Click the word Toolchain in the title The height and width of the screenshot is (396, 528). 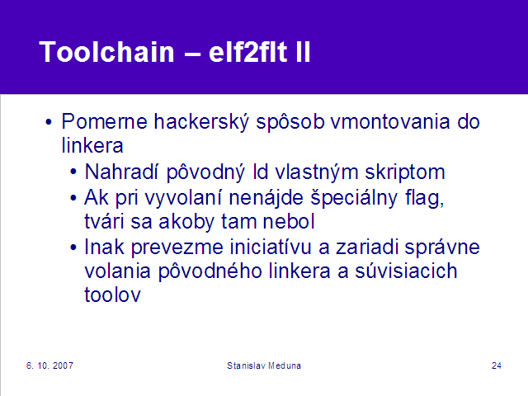pyautogui.click(x=106, y=52)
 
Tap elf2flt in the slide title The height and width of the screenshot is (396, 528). pyautogui.click(x=247, y=52)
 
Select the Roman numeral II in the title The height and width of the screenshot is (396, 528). pyautogui.click(x=303, y=52)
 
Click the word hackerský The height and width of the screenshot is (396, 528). pyautogui.click(x=201, y=122)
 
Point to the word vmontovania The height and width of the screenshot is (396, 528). pyautogui.click(x=390, y=121)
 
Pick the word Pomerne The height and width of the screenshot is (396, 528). pyautogui.click(x=105, y=121)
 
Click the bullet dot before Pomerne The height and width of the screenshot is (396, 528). pyautogui.click(x=49, y=122)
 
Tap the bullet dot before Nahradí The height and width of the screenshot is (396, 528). pyautogui.click(x=73, y=172)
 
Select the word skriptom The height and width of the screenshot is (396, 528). pyautogui.click(x=405, y=172)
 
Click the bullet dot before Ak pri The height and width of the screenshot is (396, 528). pyautogui.click(x=73, y=198)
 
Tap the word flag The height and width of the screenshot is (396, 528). pyautogui.click(x=424, y=198)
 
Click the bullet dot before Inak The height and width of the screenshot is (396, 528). pyautogui.click(x=73, y=247)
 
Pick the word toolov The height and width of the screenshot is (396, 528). pyautogui.click(x=112, y=295)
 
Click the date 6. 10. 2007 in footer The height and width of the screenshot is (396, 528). pyautogui.click(x=49, y=365)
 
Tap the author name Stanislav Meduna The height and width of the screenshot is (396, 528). pyautogui.click(x=264, y=365)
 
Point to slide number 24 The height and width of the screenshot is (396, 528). pyautogui.click(x=497, y=365)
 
